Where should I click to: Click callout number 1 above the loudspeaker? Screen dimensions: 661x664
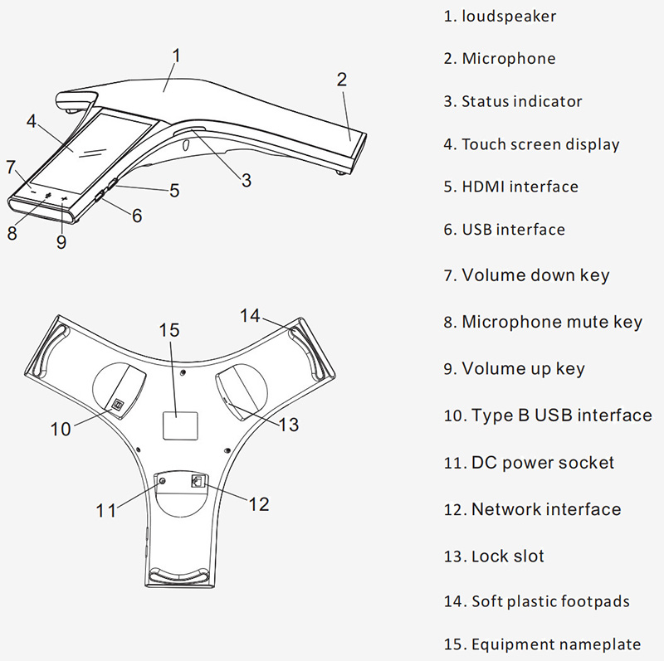[x=176, y=55]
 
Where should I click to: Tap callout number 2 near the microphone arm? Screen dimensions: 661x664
[x=341, y=80]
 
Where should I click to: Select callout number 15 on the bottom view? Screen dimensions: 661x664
[x=169, y=330]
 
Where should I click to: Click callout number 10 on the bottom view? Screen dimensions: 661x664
[x=61, y=429]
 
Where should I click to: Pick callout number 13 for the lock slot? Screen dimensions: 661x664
[x=288, y=425]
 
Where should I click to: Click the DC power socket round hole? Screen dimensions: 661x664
[x=163, y=482]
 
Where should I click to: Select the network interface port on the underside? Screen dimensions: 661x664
[x=198, y=481]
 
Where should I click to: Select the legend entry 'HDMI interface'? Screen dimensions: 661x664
[x=520, y=187]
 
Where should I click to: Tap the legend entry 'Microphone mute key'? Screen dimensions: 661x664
[x=551, y=322]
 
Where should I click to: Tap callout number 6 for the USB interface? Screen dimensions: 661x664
[x=137, y=216]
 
